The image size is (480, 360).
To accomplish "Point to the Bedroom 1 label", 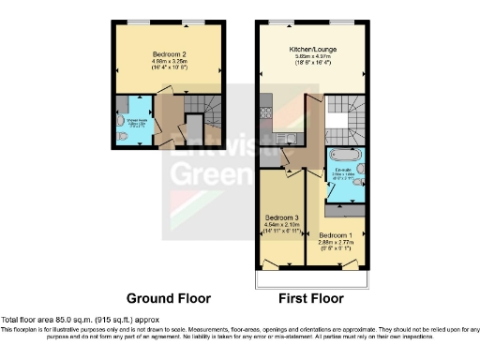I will point(333,234).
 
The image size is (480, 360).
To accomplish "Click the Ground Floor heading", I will point(168,298).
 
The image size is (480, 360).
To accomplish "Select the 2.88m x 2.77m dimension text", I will point(333,243).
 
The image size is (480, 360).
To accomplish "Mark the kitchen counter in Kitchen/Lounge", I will point(268,127).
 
